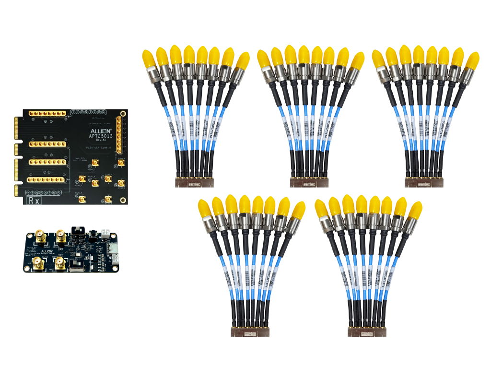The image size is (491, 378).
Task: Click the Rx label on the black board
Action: (34, 200)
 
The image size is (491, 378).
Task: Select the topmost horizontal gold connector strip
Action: (47, 114)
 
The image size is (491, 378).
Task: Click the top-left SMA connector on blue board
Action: (40, 236)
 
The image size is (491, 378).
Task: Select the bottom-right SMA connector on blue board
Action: (60, 262)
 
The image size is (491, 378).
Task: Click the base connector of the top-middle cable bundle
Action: (307, 182)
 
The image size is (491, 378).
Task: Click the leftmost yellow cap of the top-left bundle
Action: (148, 59)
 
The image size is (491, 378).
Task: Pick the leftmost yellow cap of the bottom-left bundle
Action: (204, 208)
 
